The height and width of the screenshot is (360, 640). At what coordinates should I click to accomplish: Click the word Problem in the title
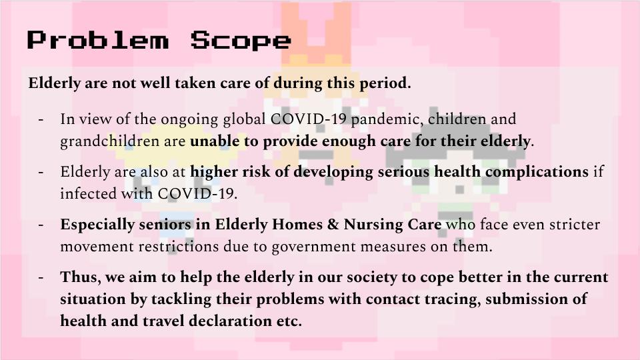tap(97, 40)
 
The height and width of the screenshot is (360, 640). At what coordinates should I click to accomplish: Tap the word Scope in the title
tap(241, 41)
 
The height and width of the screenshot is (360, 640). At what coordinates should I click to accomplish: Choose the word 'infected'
tap(88, 193)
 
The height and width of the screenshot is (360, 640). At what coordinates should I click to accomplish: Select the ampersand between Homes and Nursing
tap(333, 225)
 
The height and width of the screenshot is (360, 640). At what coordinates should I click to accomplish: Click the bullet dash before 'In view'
tap(41, 120)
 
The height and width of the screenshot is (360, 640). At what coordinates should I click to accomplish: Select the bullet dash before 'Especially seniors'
tap(41, 225)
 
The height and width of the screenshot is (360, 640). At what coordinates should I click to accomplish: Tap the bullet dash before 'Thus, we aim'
tap(41, 278)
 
